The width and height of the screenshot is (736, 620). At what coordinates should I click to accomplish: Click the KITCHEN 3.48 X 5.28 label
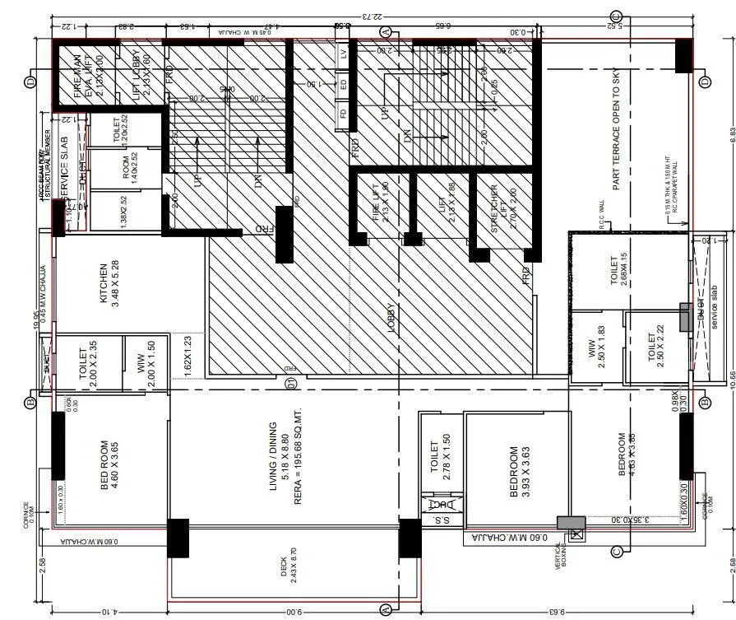click(x=109, y=283)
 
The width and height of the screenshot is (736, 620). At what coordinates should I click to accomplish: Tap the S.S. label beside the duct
click(x=441, y=520)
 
